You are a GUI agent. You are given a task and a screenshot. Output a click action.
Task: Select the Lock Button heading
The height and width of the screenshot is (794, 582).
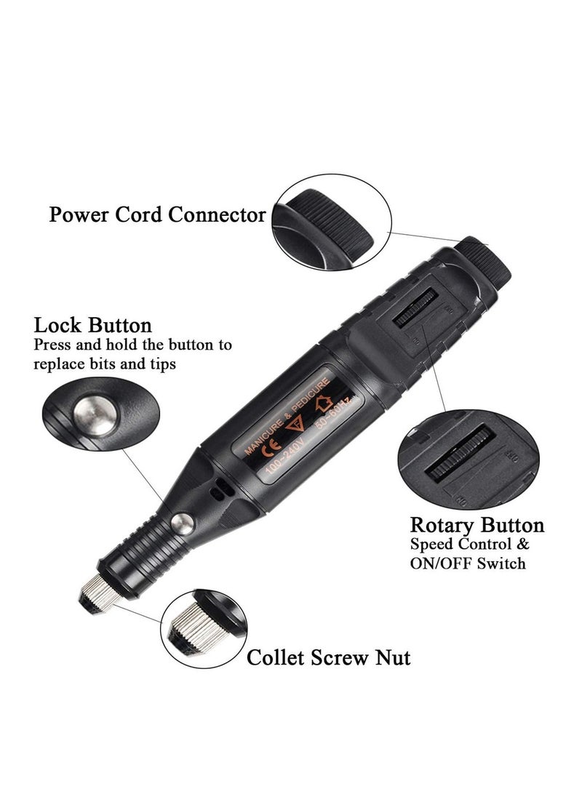tap(92, 325)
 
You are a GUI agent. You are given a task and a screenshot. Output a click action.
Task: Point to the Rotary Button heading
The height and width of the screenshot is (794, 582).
tap(477, 525)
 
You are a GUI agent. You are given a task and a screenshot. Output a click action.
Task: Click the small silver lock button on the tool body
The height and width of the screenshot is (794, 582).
tap(183, 521)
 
